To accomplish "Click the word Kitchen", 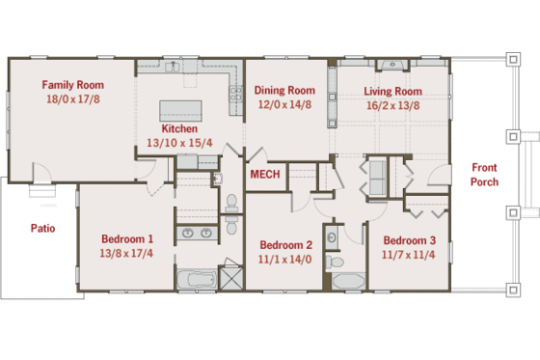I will click(180, 128).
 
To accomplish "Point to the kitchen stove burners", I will click(234, 94).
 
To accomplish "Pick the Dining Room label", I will click(284, 91).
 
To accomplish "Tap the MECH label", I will click(264, 176).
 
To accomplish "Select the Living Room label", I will click(392, 92).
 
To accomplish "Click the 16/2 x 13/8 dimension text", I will click(392, 105).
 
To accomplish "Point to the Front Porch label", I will click(484, 175).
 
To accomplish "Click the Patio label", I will click(42, 229).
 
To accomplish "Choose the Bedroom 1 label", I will click(127, 238).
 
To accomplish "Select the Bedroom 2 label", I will click(285, 244).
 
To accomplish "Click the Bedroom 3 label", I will click(409, 240).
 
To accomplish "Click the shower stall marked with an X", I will click(232, 280).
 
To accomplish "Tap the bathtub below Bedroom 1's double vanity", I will click(197, 281).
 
